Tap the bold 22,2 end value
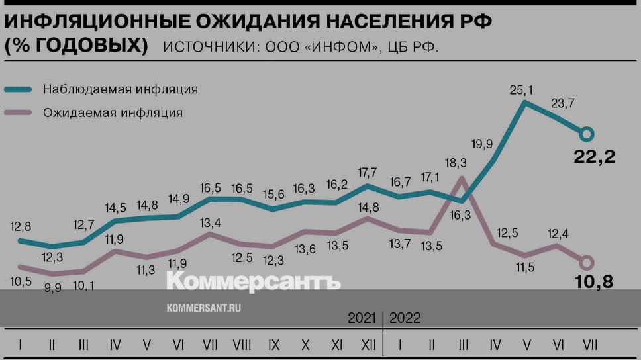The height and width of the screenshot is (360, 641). pyautogui.click(x=594, y=157)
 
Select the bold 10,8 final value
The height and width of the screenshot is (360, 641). pyautogui.click(x=594, y=281)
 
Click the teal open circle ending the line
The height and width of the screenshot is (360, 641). pyautogui.click(x=587, y=135)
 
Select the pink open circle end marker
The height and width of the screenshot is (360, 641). pyautogui.click(x=587, y=263)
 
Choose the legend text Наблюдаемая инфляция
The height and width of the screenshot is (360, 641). pyautogui.click(x=121, y=89)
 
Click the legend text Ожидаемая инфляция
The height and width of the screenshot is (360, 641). pyautogui.click(x=113, y=112)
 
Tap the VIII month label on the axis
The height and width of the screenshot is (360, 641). pyautogui.click(x=241, y=345)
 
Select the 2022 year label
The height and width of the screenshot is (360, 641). pyautogui.click(x=405, y=318)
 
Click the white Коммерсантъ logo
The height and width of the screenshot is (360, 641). pyautogui.click(x=253, y=281)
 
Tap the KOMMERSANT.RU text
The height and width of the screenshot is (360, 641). pyautogui.click(x=203, y=308)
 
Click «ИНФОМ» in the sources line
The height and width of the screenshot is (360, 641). pyautogui.click(x=341, y=48)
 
